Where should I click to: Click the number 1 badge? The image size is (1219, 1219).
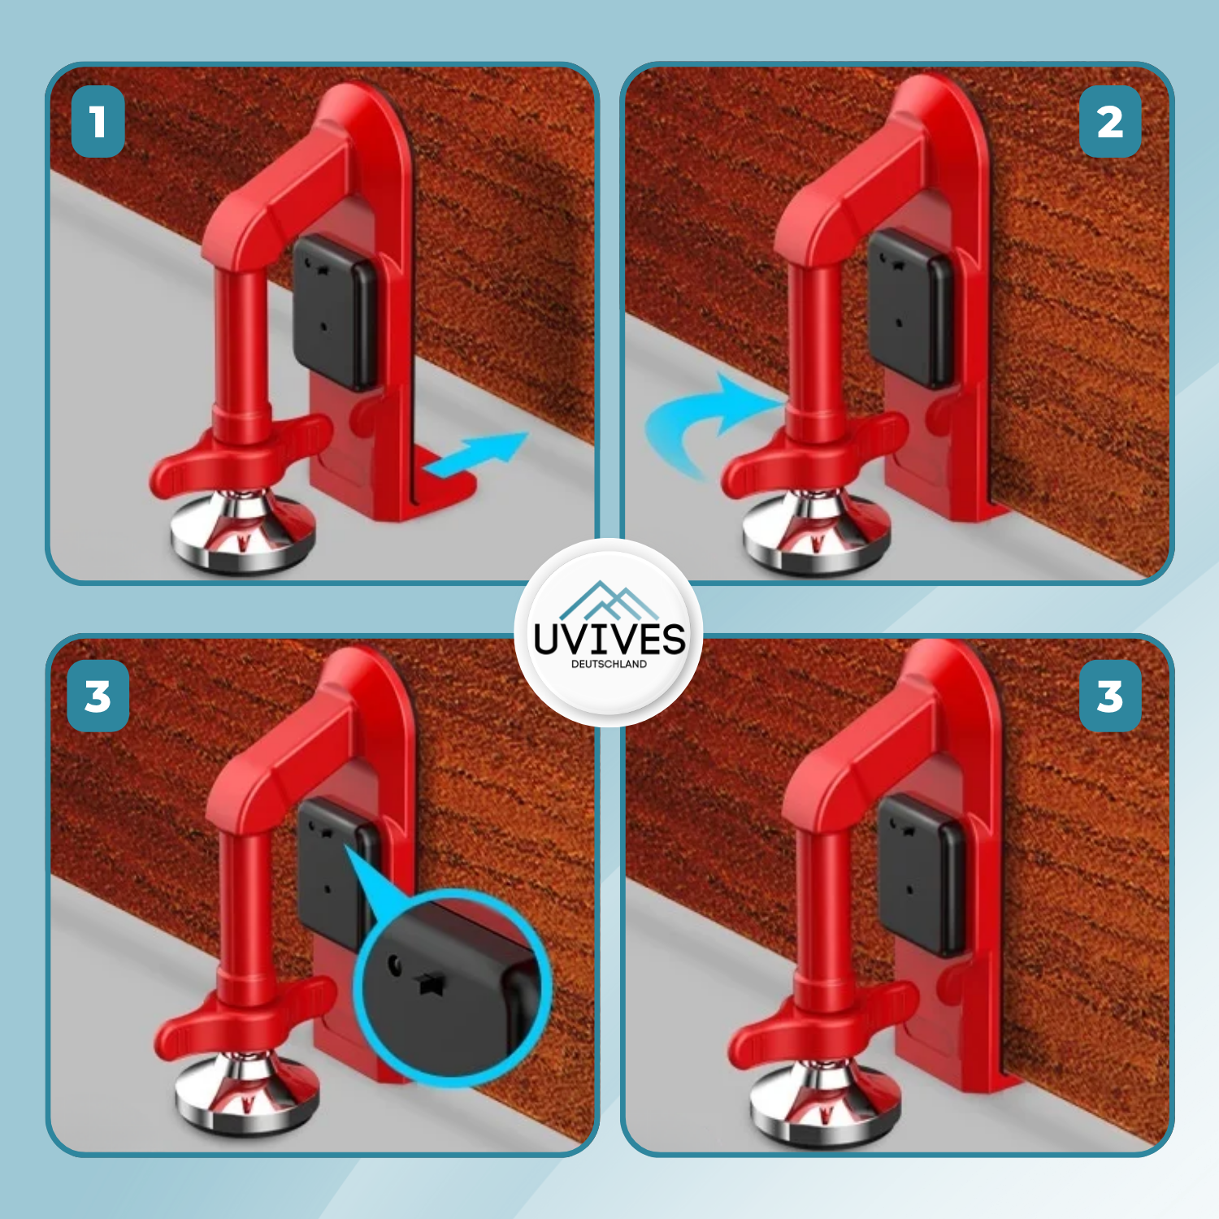point(98,121)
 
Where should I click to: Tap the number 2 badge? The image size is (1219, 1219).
point(1110,121)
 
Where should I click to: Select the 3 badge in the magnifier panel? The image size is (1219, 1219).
point(98,696)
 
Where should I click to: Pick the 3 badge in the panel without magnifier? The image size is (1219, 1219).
point(1110,696)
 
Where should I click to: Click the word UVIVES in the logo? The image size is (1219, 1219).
point(609,639)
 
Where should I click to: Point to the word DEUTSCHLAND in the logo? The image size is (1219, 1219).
point(609,664)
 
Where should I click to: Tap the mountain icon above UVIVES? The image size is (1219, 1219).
point(609,601)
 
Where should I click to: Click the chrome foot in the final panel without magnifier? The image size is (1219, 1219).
point(824,1102)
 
